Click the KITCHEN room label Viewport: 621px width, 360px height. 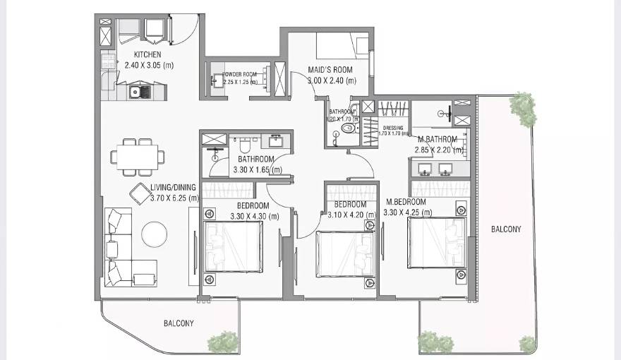tap(147, 54)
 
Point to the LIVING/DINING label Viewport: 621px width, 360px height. tap(173, 188)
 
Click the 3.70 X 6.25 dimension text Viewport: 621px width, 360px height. tap(174, 198)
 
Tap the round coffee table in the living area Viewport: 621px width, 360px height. tap(155, 234)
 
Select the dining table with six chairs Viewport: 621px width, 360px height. tap(138, 157)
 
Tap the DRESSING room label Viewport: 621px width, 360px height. tap(393, 128)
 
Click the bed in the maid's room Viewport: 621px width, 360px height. tap(342, 46)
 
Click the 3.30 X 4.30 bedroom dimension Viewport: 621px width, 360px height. tap(253, 216)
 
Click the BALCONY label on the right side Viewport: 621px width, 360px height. tap(506, 229)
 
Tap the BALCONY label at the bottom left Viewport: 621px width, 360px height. tap(179, 323)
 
